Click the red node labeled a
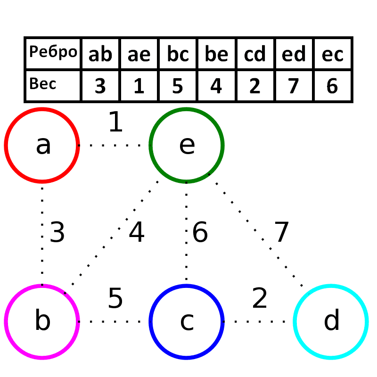tap(42, 145)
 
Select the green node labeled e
tap(187, 145)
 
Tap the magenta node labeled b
tap(42, 321)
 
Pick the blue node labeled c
tap(187, 321)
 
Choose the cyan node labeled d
tap(331, 321)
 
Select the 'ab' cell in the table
tap(100, 54)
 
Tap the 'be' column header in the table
tap(216, 54)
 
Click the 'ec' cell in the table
tap(332, 54)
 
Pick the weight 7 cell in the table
tap(294, 86)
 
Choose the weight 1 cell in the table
tap(139, 86)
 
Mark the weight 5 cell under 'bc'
tap(178, 86)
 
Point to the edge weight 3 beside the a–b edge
tap(57, 233)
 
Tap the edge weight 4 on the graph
tap(136, 233)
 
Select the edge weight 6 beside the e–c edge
tap(200, 233)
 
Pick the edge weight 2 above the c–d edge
tap(260, 298)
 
